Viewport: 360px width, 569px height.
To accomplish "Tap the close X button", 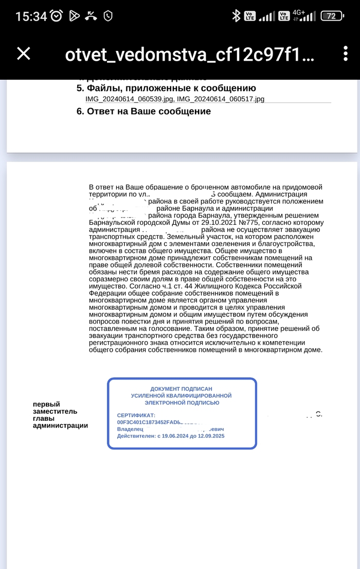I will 24,54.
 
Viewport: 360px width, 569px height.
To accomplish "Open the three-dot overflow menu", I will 345,54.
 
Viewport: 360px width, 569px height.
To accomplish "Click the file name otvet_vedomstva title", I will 189,55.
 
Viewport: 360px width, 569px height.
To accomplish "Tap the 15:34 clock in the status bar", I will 31,16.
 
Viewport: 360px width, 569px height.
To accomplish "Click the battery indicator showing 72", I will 332,16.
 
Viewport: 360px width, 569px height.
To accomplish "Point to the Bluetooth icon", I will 236,16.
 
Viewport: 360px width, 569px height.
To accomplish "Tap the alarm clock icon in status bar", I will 57,16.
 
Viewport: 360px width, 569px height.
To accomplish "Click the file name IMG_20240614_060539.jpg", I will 130,99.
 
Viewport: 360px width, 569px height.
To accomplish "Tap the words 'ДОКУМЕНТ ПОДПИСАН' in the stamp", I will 181,389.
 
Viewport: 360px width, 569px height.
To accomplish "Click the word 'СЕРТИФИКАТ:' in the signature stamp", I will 136,415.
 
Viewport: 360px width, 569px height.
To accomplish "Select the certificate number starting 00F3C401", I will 149,422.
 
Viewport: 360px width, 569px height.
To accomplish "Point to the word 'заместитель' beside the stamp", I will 55,411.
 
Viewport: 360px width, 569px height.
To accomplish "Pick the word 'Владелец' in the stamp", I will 130,429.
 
